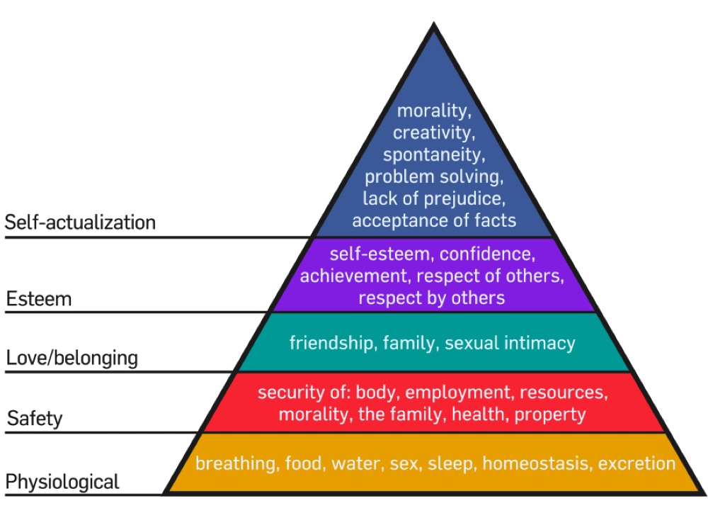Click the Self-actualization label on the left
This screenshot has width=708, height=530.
(x=80, y=222)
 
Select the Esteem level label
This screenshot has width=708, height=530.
(x=39, y=299)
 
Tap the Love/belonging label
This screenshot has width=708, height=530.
(x=72, y=358)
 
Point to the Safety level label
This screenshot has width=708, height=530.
(x=35, y=419)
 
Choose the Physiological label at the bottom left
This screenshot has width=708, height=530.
(x=62, y=483)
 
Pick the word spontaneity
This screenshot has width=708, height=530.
(x=434, y=154)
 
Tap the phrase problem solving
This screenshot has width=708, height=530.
(x=433, y=176)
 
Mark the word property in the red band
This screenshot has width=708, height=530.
(x=550, y=414)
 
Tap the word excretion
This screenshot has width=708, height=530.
(x=636, y=463)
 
